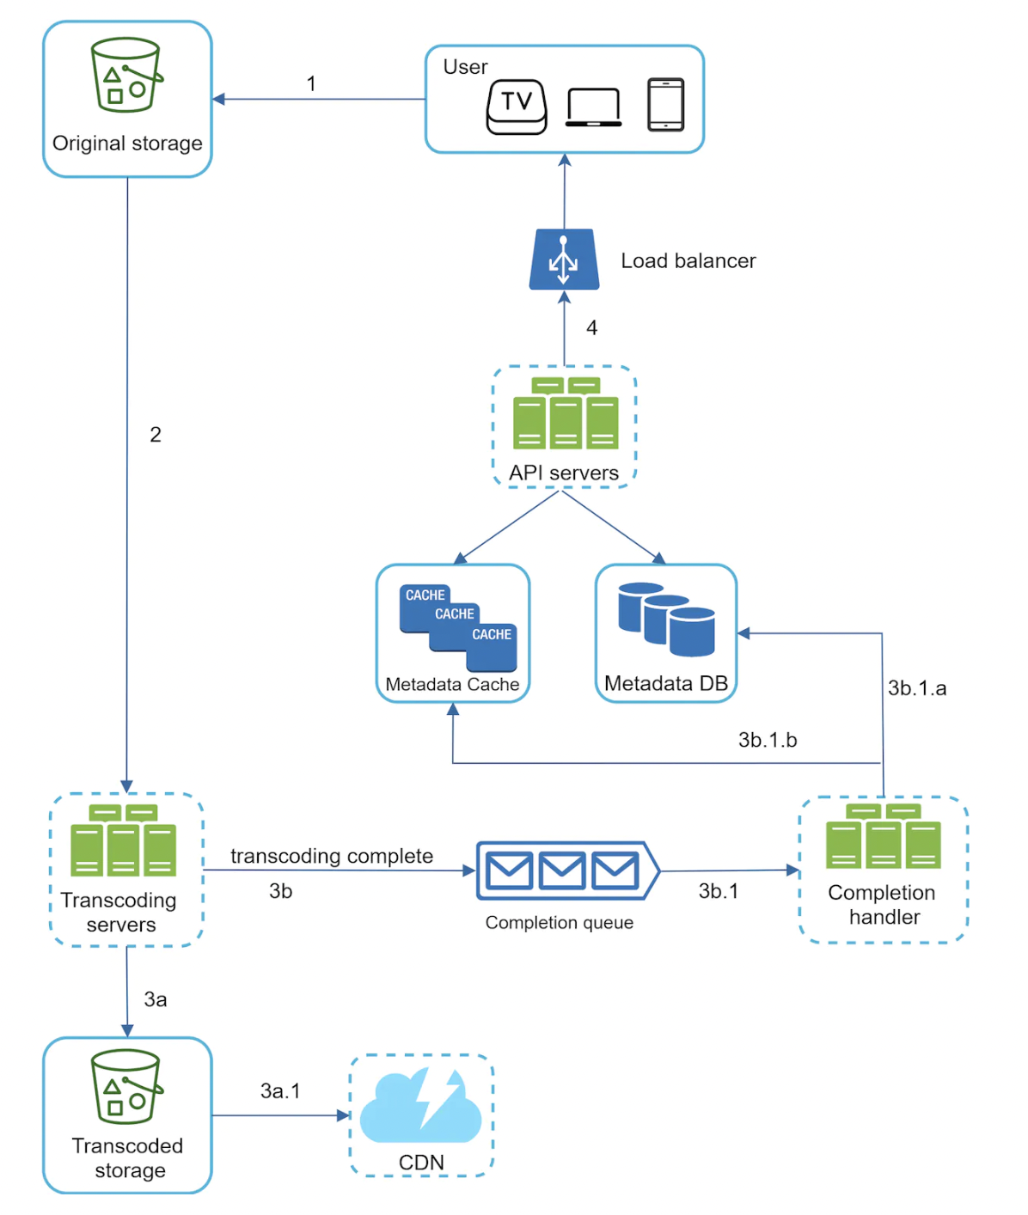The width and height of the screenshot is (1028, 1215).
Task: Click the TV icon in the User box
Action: (517, 106)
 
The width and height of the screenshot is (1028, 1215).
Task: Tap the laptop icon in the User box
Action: (593, 107)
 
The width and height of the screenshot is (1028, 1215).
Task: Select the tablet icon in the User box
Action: (665, 105)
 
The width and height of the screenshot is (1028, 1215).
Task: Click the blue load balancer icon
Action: (564, 259)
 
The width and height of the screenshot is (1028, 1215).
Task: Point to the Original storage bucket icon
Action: (126, 75)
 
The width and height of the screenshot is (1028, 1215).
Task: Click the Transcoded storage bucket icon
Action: (126, 1086)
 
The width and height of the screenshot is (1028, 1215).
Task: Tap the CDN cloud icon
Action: (420, 1106)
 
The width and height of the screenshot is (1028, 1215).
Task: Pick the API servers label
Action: (564, 473)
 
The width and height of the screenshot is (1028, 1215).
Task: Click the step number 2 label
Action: (156, 435)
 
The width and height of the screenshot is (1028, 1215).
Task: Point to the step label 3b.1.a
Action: (917, 688)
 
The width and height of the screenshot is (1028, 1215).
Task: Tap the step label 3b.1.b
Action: (768, 740)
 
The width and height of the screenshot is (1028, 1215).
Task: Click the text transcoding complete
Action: (332, 856)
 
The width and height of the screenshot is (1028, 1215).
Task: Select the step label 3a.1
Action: (280, 1090)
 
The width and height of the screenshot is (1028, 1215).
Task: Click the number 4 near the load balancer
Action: (591, 327)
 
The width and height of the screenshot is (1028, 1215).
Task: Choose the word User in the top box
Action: (465, 67)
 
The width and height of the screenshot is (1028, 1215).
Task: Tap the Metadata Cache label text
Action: (452, 684)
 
